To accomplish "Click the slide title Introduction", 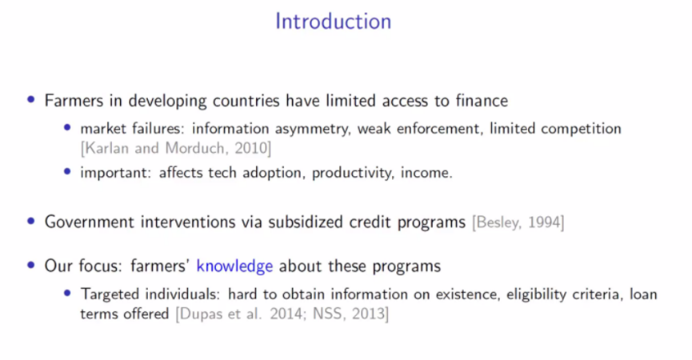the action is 334,21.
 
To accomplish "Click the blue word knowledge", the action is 234,266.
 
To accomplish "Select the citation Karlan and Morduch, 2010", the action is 176,148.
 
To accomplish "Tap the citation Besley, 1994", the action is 518,222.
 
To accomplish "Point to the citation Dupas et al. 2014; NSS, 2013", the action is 282,314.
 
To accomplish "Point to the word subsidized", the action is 306,222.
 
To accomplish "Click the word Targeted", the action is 110,294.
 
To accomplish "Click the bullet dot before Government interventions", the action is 31,221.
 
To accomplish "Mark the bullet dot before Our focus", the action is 31,265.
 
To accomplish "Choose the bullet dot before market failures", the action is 67,128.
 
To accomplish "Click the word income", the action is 426,173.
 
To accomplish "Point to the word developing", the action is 167,101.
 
